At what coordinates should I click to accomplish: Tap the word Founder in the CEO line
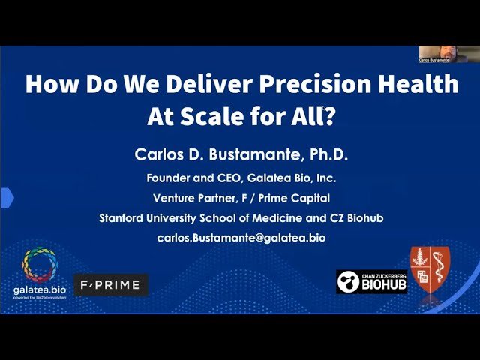(x=169, y=178)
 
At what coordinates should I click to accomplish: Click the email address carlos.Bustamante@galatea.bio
(x=240, y=237)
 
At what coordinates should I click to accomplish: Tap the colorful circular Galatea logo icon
(x=44, y=267)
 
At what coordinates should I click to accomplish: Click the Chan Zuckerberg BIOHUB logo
(x=372, y=282)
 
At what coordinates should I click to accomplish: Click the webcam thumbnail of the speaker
(x=448, y=54)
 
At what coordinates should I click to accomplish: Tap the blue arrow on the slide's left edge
(x=6, y=198)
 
